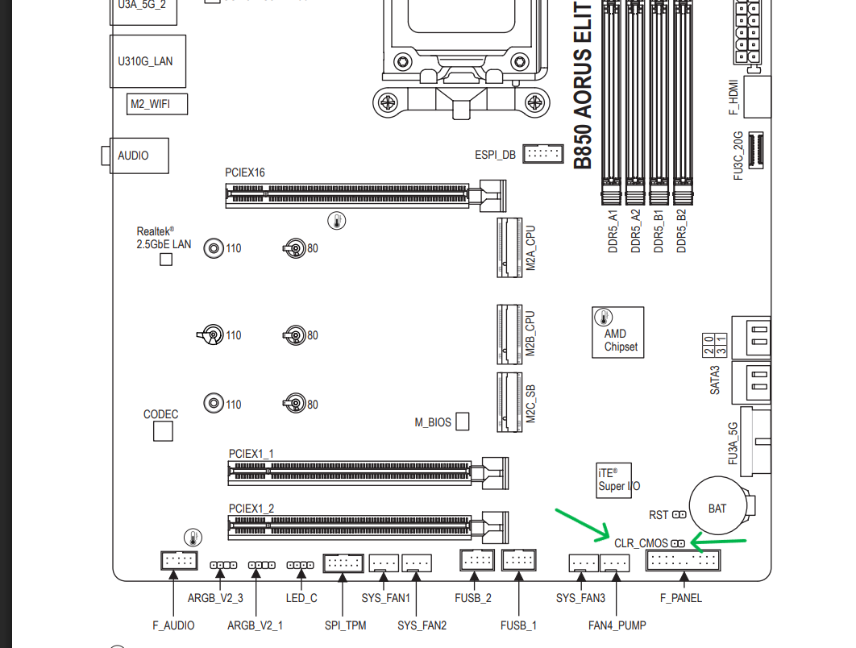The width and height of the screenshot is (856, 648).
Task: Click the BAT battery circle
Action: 717,505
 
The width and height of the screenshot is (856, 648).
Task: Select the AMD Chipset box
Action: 618,332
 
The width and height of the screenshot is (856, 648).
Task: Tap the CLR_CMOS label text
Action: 641,543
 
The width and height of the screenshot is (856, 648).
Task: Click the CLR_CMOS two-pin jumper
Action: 678,543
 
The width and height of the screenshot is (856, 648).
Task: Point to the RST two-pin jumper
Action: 679,514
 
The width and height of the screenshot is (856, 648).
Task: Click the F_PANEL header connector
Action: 683,560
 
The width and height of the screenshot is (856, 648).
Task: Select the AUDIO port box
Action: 139,156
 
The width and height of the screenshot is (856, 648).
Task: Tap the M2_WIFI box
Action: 157,104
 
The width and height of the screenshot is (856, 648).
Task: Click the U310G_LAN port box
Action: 148,61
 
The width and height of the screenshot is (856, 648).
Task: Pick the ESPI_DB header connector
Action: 542,154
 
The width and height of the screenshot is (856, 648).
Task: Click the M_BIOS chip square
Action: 463,422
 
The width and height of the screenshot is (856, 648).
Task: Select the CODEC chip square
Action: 163,431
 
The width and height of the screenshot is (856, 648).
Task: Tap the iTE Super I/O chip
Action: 614,480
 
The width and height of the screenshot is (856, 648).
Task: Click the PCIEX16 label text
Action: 244,172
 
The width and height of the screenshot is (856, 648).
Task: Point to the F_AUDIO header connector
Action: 179,561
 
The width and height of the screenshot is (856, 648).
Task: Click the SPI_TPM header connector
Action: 343,563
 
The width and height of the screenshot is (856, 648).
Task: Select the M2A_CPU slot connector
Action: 509,248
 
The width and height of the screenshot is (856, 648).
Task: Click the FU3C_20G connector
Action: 755,150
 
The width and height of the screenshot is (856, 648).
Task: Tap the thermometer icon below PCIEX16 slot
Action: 337,221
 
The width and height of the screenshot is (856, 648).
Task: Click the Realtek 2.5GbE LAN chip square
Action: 166,260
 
